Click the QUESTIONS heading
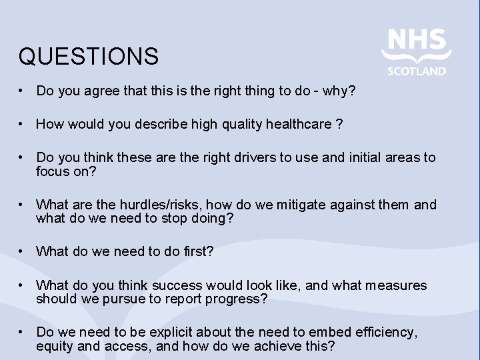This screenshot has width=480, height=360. coord(89,57)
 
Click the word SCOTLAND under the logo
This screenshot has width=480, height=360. coord(417,71)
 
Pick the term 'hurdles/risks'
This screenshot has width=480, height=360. coord(153,205)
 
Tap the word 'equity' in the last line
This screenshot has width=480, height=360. coord(56,346)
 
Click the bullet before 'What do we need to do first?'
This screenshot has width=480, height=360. coord(22,251)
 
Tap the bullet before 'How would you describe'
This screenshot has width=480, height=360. coord(22,123)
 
